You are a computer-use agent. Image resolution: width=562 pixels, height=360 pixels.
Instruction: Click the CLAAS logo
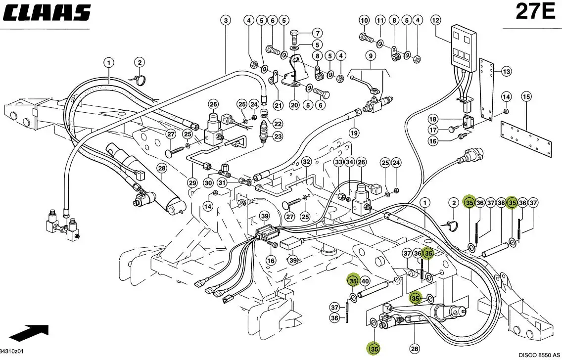coord(48,13)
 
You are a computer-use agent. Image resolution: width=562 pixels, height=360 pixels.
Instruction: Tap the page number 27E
coord(535,12)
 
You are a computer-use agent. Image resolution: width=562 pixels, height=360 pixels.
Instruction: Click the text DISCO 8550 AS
coord(539,355)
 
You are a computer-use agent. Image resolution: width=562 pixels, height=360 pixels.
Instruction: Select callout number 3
coord(226,20)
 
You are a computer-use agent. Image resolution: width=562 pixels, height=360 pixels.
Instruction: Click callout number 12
coord(435,20)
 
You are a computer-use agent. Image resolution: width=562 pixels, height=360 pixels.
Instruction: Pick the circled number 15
coord(526,96)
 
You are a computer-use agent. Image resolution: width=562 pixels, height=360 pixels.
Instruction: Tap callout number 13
coord(506,72)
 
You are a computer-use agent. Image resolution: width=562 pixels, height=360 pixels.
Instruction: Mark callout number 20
coord(294,105)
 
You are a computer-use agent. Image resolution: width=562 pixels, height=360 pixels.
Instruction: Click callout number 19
coord(353,133)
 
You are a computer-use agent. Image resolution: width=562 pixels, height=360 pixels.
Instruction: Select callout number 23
coord(278,136)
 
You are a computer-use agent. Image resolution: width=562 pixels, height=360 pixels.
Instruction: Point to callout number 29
coord(192,183)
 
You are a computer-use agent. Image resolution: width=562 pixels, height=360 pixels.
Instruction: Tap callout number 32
coord(306,162)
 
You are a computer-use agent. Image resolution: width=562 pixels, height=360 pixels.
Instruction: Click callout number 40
coord(365,281)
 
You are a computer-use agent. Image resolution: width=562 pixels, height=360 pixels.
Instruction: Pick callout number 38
coord(501,203)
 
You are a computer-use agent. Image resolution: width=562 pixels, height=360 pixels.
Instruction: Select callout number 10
coord(364,20)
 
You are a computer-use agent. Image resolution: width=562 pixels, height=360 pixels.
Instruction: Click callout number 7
coord(317,34)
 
